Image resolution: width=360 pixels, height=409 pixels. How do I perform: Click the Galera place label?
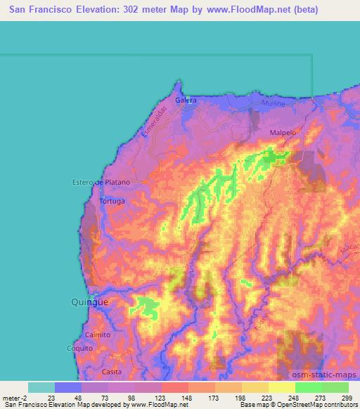[186, 100]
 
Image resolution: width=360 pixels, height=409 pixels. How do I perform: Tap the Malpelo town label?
[281, 131]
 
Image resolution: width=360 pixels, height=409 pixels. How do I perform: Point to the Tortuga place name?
[112, 201]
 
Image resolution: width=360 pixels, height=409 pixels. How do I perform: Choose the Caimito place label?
[97, 335]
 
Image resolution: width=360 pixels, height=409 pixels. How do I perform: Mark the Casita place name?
[112, 371]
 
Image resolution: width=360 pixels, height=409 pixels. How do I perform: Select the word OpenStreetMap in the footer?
[312, 405]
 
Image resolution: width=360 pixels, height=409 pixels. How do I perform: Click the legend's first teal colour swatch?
[41, 387]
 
